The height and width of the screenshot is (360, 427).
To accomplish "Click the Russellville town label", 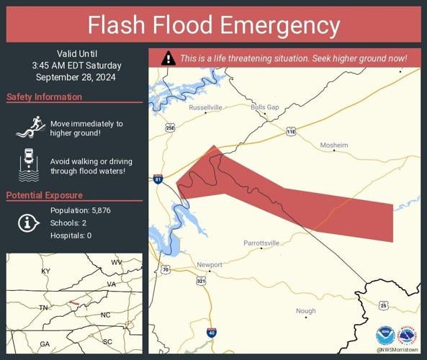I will coord(205,107).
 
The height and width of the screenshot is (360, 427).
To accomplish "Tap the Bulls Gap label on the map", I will coord(264,107).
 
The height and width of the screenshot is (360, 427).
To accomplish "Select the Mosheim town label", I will coord(333,145).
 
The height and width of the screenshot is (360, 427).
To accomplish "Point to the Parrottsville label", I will coord(260,243).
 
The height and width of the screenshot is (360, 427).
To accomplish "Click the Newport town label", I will coord(210,265).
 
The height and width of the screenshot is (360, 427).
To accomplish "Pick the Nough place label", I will coord(305,311).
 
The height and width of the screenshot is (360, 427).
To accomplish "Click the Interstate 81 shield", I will coord(158,179).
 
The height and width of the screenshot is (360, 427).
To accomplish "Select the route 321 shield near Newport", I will coord(201,280).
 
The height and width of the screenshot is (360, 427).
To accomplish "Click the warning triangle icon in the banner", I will coord(168,58).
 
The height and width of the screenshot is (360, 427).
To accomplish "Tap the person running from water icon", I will coord(28,128).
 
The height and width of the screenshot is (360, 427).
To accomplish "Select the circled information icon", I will coord(28,222).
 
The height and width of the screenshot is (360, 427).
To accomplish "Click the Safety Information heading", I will coord(44,97).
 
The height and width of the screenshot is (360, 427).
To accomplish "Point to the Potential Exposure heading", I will coord(44,195).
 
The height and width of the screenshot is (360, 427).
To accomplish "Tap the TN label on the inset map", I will coord(42,307).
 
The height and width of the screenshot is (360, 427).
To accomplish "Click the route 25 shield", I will coord(384,305).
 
